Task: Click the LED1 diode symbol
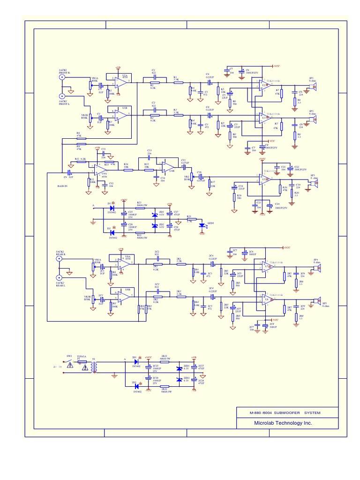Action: coord(202,225)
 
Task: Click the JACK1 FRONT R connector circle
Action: coord(62,78)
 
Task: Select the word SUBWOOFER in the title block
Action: coord(288,412)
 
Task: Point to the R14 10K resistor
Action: coord(126,170)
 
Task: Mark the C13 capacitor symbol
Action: coord(150,157)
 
